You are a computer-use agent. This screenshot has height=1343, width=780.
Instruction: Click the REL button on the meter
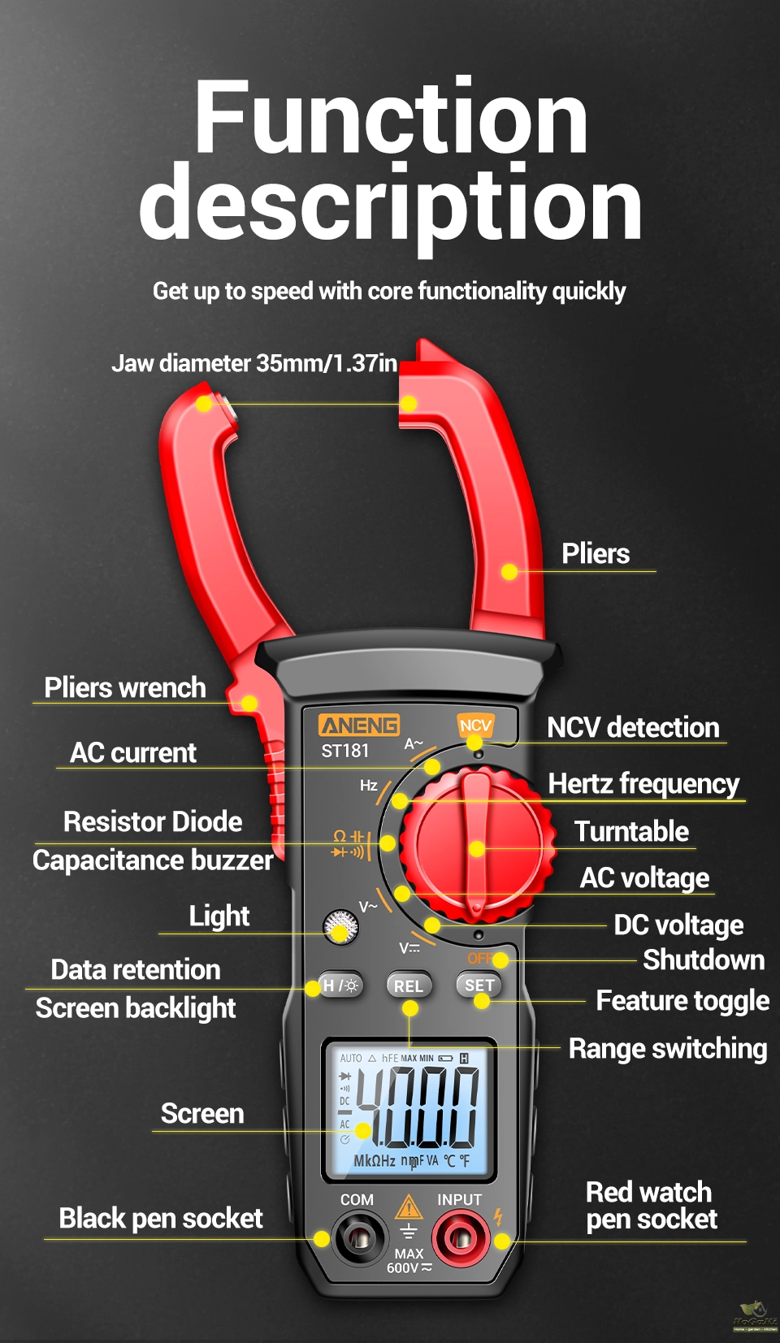[x=409, y=986]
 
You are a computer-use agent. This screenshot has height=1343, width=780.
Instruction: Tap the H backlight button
[x=340, y=986]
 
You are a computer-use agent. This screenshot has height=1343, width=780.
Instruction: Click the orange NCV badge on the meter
[x=475, y=726]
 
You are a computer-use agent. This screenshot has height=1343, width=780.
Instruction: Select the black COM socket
[x=357, y=1238]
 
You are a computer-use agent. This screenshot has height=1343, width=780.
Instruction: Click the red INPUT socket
[x=461, y=1238]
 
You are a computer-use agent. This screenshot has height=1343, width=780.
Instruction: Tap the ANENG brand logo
[x=359, y=725]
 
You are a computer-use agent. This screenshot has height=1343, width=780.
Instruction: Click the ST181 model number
[x=345, y=751]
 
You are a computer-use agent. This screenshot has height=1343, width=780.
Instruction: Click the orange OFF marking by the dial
[x=479, y=959]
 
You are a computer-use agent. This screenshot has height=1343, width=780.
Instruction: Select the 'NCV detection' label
[x=633, y=728]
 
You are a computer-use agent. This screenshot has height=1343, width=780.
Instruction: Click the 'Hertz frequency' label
[x=643, y=784]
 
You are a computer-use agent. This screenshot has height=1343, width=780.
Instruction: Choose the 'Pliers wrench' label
[x=125, y=688]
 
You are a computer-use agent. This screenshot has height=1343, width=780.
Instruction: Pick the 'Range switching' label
[x=667, y=1049]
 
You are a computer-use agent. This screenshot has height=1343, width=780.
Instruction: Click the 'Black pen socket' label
[x=161, y=1219]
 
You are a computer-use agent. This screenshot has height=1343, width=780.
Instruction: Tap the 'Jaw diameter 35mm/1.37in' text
[x=254, y=363]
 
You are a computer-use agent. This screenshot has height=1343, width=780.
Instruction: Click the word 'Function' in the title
[x=391, y=118]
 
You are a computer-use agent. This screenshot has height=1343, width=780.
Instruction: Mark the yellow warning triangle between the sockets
[x=409, y=1207]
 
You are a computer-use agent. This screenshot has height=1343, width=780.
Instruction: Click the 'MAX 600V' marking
[x=409, y=1261]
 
